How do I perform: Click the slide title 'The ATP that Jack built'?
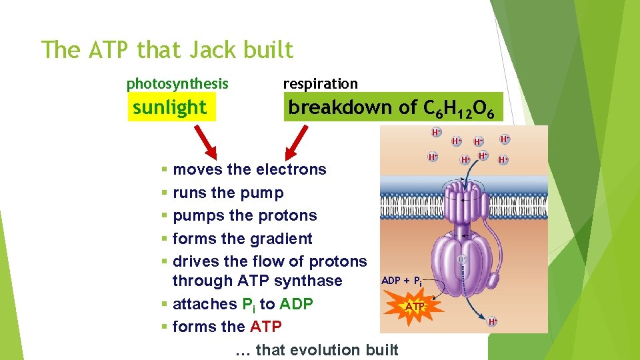click(167, 50)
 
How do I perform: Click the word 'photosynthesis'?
click(177, 84)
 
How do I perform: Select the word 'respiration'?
click(320, 84)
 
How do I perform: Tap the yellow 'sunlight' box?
click(171, 107)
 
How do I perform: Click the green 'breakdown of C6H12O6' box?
click(392, 107)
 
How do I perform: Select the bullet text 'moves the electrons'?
click(249, 169)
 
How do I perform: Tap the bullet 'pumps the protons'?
click(245, 215)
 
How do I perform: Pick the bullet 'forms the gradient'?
click(242, 239)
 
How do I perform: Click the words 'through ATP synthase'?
click(257, 281)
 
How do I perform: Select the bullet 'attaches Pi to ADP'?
click(243, 304)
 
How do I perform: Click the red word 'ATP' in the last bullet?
click(266, 327)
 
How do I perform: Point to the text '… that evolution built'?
click(317, 350)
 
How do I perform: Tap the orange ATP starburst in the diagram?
click(415, 306)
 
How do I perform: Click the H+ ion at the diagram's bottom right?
click(493, 322)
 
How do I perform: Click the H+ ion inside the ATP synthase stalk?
click(461, 259)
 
